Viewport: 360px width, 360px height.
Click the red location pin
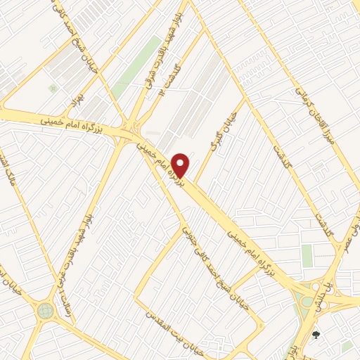point(181,164)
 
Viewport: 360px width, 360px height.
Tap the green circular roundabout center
point(46,309)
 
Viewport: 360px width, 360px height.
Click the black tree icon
point(316,334)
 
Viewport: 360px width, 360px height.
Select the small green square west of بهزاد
point(53,88)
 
